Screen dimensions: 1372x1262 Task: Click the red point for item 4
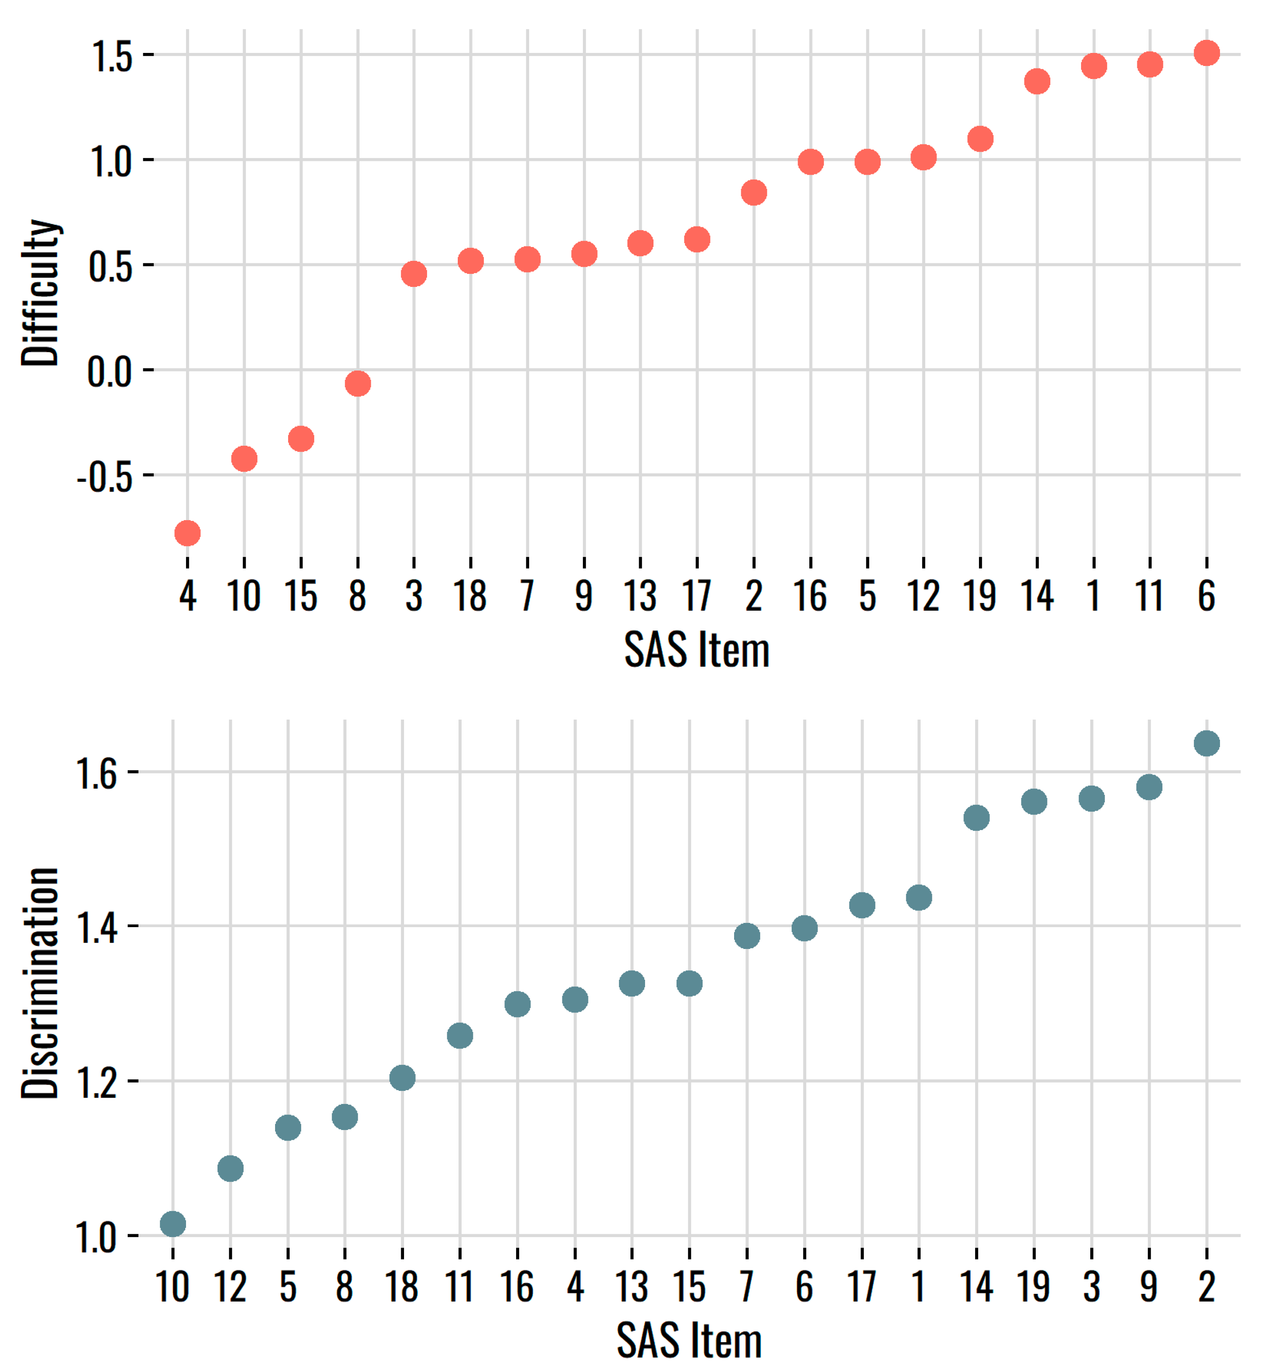187,533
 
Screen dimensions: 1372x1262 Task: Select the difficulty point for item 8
358,384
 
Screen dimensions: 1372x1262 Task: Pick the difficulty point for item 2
753,192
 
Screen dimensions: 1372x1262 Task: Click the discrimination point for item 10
173,1224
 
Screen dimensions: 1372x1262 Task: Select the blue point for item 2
1207,743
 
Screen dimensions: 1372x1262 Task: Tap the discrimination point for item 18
402,1078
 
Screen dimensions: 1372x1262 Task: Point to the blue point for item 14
976,817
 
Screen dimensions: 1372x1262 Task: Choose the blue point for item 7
747,936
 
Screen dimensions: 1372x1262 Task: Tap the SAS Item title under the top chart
697,650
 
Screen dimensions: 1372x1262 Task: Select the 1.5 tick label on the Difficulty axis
112,56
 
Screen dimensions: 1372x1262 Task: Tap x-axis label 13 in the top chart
640,596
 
